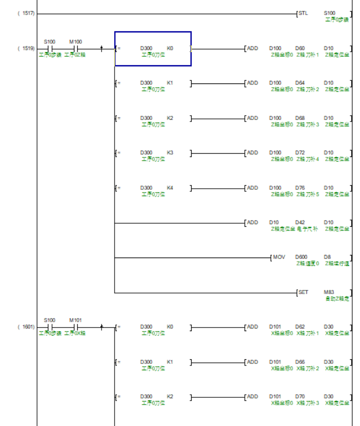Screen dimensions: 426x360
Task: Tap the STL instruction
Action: tap(303, 13)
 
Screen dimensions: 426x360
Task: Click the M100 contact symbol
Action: tap(76, 48)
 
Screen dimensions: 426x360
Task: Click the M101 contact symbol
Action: tap(76, 327)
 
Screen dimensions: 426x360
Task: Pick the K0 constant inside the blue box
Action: tap(170, 48)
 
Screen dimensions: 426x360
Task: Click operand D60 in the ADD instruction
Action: tap(300, 48)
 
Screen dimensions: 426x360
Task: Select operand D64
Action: tap(300, 83)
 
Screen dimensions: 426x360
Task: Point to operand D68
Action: tap(300, 118)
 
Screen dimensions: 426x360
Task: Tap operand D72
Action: tap(300, 153)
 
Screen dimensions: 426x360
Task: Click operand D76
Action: tap(300, 188)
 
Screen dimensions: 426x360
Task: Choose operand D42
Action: tap(300, 223)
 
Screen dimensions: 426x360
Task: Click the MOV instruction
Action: tap(279, 257)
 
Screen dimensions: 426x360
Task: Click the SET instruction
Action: tap(303, 292)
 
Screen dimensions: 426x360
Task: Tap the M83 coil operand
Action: tap(329, 292)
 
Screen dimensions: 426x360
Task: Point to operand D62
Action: tap(300, 327)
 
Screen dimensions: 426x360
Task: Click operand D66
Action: tap(300, 362)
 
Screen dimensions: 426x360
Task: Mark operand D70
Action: tap(300, 397)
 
